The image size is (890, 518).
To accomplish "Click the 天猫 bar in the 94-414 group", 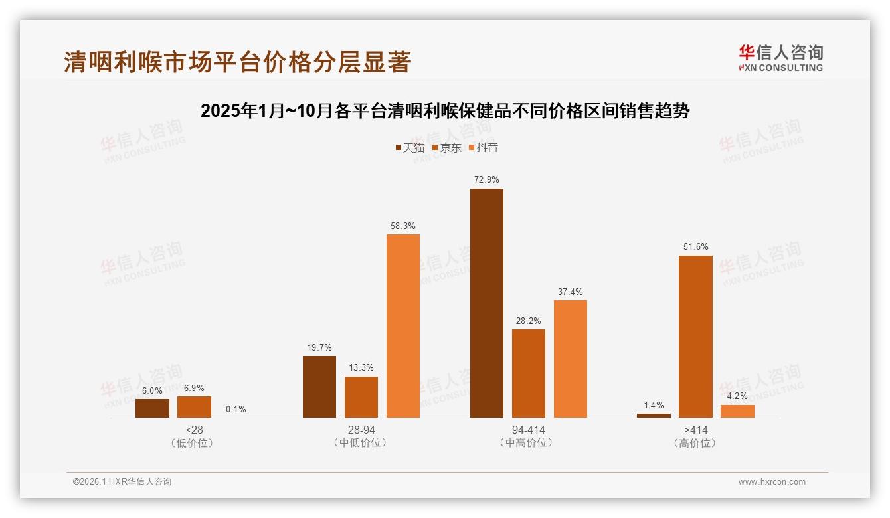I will (487, 303).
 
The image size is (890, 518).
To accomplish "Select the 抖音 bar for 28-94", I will (403, 326).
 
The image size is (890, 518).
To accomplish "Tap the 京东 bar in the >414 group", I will (695, 337).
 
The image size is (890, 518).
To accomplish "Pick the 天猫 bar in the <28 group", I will (152, 408).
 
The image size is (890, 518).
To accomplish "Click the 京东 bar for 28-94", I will (361, 397).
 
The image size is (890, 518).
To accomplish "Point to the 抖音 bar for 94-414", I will (571, 359).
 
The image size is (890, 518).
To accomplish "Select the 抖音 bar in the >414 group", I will (737, 411).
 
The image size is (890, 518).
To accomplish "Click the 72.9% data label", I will (487, 179).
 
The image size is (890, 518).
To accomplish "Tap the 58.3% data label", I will (403, 226).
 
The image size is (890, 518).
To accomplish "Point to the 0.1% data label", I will (236, 409).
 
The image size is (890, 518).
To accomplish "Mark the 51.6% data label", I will (695, 247).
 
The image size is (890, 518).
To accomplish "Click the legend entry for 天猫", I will (410, 147).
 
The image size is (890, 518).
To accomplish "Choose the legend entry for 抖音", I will (484, 147).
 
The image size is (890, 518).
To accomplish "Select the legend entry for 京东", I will (446, 147).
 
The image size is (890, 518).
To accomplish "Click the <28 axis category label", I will (194, 430).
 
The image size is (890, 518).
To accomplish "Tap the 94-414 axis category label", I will (529, 430).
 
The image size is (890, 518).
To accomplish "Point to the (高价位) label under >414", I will (695, 443).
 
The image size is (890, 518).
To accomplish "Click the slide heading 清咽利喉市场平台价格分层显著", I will (238, 62).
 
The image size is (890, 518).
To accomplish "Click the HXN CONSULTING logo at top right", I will (780, 58).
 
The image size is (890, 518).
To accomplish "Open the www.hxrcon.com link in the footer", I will (771, 482).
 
